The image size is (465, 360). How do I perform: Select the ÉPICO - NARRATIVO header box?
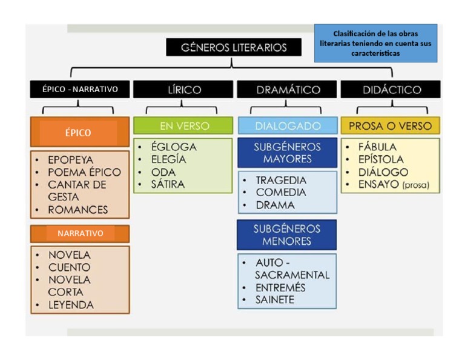tap(80, 90)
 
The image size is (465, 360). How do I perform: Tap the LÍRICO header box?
tap(183, 90)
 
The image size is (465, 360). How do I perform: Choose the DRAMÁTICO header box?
tap(288, 90)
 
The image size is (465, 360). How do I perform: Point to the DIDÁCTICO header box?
tap(391, 90)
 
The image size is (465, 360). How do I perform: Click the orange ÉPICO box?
tap(79, 133)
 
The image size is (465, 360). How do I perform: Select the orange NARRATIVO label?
tap(80, 233)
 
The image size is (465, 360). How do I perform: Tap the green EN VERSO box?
tap(183, 126)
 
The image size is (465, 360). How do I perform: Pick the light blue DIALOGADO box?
tap(288, 126)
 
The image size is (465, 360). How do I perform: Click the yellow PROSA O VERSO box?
tap(391, 126)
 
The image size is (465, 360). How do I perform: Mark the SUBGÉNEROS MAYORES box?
tap(288, 153)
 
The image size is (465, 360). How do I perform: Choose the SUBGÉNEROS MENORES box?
tap(288, 235)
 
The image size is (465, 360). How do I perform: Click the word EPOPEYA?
tap(71, 160)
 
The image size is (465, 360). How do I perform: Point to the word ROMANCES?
tap(78, 210)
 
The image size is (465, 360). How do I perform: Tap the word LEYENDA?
tap(71, 305)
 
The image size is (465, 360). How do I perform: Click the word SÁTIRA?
tap(168, 184)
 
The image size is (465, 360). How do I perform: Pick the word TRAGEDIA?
tap(281, 181)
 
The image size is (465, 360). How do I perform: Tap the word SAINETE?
tap(275, 299)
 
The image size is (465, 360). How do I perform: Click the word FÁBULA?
tap(377, 147)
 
